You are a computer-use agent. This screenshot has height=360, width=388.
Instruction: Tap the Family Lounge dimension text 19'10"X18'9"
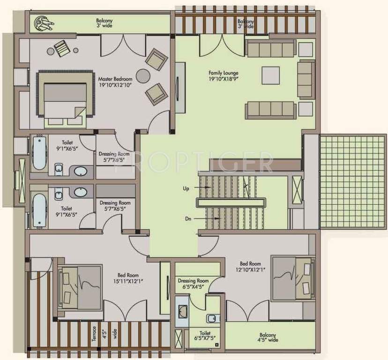click(224, 80)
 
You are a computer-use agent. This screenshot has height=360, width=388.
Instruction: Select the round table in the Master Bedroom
click(143, 76)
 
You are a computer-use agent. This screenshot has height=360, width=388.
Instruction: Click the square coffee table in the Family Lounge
click(270, 75)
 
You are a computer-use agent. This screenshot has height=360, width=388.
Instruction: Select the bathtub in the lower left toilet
click(39, 209)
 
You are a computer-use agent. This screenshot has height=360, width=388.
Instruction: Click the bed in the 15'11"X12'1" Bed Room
click(80, 286)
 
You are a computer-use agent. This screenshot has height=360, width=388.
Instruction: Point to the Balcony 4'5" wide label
click(269, 337)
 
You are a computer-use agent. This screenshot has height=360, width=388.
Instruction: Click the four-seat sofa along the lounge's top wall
click(270, 48)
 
